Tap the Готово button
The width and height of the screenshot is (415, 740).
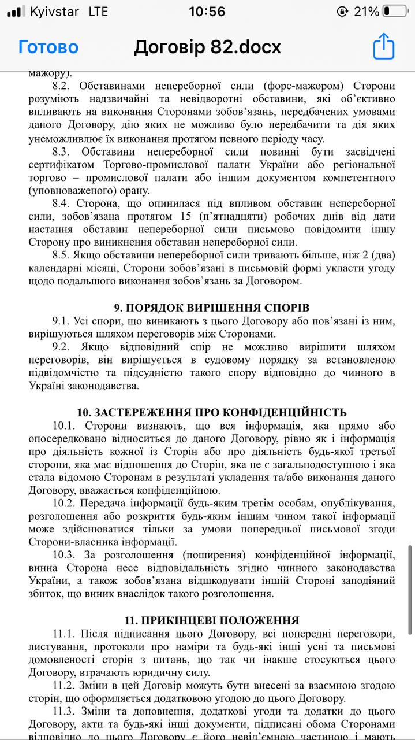tap(48, 47)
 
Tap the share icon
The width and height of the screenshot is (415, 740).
tap(384, 46)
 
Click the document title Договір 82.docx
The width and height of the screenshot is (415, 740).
tap(208, 47)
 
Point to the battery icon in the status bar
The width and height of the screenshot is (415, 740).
tap(395, 12)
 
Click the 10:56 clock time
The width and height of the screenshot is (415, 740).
tap(207, 12)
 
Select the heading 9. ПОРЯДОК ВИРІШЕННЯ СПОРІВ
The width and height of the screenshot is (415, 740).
tap(212, 307)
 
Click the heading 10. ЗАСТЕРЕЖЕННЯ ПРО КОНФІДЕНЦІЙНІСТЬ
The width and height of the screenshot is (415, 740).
tap(212, 412)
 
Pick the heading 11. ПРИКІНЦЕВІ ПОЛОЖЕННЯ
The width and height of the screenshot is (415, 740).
tap(212, 621)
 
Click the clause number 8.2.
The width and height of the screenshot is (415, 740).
tap(62, 86)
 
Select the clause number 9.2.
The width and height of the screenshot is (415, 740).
tap(61, 347)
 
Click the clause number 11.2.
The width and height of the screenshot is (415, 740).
tap(64, 686)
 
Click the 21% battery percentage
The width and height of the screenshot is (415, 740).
tap(367, 12)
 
